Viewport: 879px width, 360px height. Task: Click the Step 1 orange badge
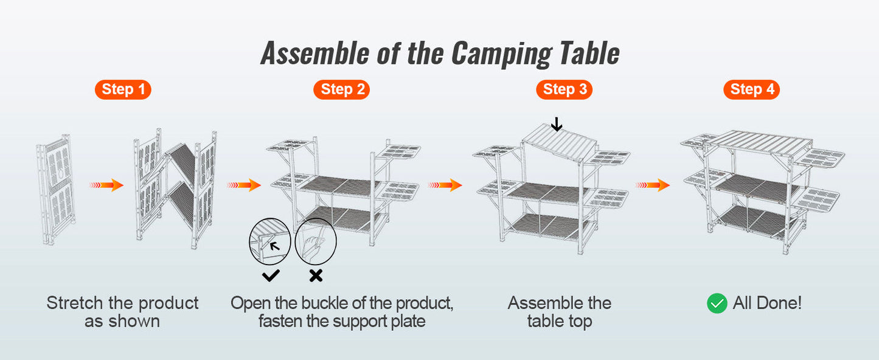click(x=123, y=89)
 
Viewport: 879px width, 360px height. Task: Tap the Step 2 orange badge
click(x=342, y=89)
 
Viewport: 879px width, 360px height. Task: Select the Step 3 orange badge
click(x=564, y=89)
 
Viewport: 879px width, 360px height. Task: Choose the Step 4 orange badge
click(x=751, y=89)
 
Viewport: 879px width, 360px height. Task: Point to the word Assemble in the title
click(x=314, y=54)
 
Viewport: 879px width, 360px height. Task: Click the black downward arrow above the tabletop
click(x=556, y=125)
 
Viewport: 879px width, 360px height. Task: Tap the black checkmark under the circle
click(x=271, y=275)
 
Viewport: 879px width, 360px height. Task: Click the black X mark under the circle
click(x=316, y=275)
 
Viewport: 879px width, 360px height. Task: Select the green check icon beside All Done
click(x=717, y=303)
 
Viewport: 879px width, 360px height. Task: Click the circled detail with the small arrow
click(x=270, y=242)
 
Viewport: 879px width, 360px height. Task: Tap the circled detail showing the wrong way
click(x=316, y=242)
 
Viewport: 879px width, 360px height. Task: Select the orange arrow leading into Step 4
click(x=653, y=185)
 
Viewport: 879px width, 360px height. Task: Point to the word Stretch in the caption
click(x=75, y=303)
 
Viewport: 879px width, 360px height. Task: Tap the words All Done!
click(x=767, y=303)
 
